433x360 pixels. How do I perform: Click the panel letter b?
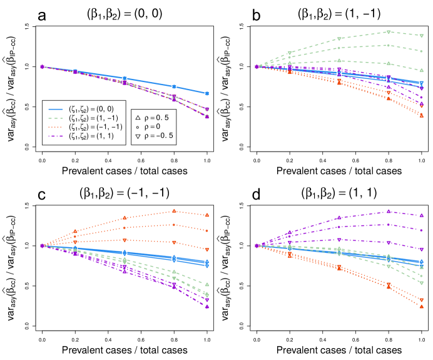(223, 11)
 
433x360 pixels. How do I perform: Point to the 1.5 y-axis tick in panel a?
(27, 26)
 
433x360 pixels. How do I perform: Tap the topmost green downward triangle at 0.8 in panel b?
(389, 32)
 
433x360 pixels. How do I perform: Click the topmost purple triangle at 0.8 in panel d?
(389, 212)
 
